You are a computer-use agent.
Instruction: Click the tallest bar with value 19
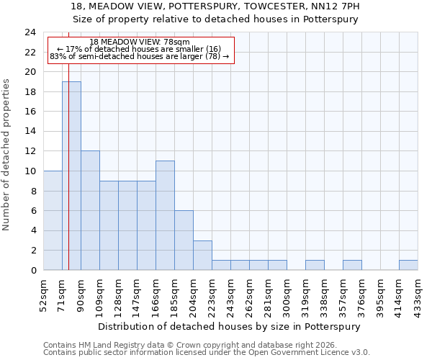click(x=71, y=176)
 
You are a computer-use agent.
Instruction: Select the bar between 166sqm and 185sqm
click(x=165, y=215)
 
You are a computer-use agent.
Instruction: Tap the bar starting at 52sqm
click(x=53, y=220)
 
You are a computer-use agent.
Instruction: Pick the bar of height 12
click(x=90, y=210)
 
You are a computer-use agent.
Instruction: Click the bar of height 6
click(x=184, y=240)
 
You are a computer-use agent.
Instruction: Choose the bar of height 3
click(x=202, y=255)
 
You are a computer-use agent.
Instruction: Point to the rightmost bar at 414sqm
click(x=408, y=265)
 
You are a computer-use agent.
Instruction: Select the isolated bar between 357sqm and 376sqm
click(x=352, y=265)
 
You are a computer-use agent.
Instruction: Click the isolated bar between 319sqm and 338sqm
click(x=315, y=265)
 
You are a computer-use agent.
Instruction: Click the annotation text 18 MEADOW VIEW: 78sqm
click(x=140, y=42)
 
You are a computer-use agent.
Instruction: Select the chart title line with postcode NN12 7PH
click(x=215, y=6)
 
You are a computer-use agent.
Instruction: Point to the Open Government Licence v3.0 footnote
click(x=207, y=353)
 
